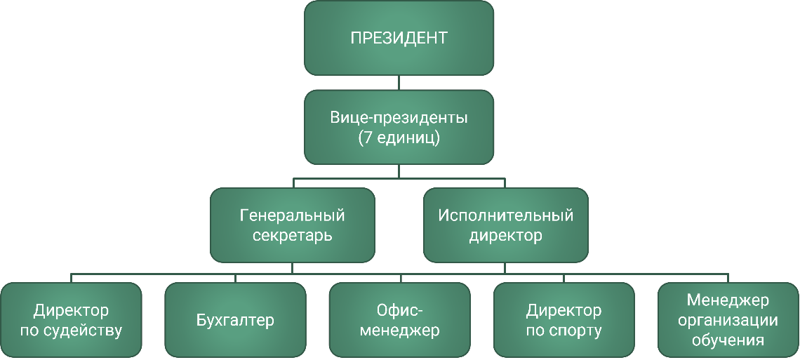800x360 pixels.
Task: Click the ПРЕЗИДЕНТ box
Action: pos(399,38)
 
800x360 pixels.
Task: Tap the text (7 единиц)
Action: pos(399,138)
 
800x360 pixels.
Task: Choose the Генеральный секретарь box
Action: pos(293,225)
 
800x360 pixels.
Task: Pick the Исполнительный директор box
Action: pos(505,225)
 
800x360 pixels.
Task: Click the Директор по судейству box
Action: pos(71,320)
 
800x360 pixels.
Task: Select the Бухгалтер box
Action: pos(235,320)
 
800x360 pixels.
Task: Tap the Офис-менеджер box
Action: pos(399,320)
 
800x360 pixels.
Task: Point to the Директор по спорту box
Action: pos(564,320)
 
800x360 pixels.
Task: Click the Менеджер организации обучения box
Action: pos(728,320)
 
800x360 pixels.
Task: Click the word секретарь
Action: pos(293,236)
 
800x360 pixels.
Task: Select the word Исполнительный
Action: pos(505,215)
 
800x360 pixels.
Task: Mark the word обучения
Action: pos(728,341)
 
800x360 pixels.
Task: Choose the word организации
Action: pos(728,321)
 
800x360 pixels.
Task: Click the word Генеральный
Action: pos(293,215)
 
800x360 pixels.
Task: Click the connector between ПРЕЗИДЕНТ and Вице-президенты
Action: pos(399,83)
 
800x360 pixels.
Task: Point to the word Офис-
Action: pos(399,309)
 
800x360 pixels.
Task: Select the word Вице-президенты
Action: pos(399,117)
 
